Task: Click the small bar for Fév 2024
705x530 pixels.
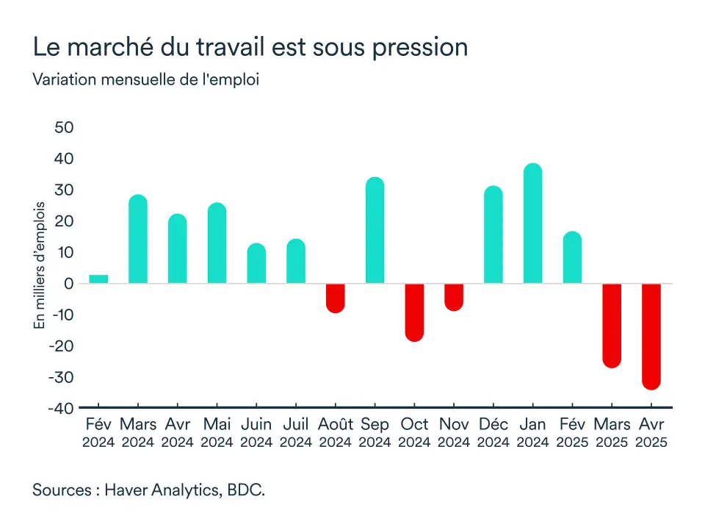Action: pyautogui.click(x=98, y=279)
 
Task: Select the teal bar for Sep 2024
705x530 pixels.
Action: pyautogui.click(x=375, y=232)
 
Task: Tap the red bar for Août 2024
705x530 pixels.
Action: pyautogui.click(x=335, y=298)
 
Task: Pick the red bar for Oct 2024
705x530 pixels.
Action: pyautogui.click(x=414, y=312)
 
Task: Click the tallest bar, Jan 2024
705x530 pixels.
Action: pyautogui.click(x=532, y=224)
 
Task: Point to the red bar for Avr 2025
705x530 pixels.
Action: pyautogui.click(x=651, y=336)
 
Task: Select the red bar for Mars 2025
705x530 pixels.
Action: pyautogui.click(x=612, y=325)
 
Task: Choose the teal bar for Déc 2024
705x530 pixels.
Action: pyautogui.click(x=493, y=235)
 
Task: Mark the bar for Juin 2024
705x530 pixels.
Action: pyautogui.click(x=256, y=264)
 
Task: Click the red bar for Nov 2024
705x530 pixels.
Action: pyautogui.click(x=454, y=297)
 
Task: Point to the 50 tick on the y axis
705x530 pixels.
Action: pyautogui.click(x=64, y=127)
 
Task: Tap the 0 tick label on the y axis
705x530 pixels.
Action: pyautogui.click(x=69, y=284)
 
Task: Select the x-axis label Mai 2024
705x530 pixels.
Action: pyautogui.click(x=217, y=433)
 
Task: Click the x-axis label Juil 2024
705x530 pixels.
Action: pyautogui.click(x=296, y=433)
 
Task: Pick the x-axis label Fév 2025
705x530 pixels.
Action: pyautogui.click(x=572, y=433)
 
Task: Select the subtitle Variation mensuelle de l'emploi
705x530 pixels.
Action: pyautogui.click(x=146, y=79)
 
